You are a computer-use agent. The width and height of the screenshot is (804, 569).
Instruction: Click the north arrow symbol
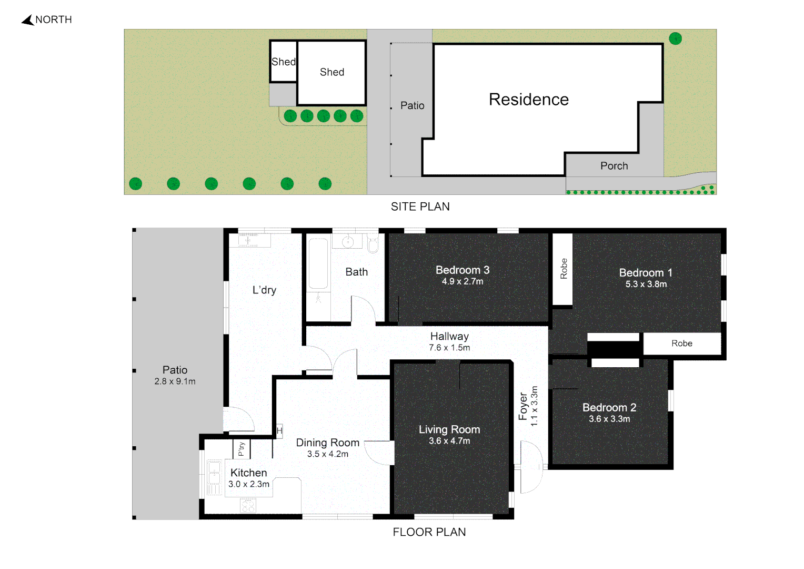pyautogui.click(x=28, y=20)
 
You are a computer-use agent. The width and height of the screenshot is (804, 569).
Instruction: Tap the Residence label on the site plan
pyautogui.click(x=529, y=100)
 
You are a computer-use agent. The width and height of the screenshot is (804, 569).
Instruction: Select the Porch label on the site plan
pyautogui.click(x=614, y=166)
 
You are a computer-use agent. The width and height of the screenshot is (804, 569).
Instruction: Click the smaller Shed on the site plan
pyautogui.click(x=283, y=62)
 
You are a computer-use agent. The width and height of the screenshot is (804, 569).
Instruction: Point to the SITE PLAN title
pyautogui.click(x=420, y=207)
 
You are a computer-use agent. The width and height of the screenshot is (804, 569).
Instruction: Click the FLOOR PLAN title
pyautogui.click(x=429, y=532)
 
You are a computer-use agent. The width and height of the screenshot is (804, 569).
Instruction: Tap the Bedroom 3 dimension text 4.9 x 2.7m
pyautogui.click(x=463, y=281)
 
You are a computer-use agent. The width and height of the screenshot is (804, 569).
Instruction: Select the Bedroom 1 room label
pyautogui.click(x=645, y=273)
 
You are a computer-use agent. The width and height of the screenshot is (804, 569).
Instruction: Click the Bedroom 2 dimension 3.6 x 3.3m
pyautogui.click(x=609, y=419)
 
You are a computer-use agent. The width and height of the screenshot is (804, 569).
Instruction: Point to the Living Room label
pyautogui.click(x=449, y=429)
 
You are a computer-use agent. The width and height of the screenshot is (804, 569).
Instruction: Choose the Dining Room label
pyautogui.click(x=327, y=443)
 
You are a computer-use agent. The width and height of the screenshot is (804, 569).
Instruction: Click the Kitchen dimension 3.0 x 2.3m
pyautogui.click(x=249, y=484)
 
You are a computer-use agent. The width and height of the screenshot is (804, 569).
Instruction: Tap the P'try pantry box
pyautogui.click(x=241, y=448)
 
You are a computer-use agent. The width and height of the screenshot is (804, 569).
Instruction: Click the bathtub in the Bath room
pyautogui.click(x=318, y=263)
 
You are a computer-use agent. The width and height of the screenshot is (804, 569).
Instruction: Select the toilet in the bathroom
pyautogui.click(x=373, y=243)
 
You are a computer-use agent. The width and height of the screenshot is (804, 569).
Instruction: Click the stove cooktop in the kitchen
pyautogui.click(x=248, y=505)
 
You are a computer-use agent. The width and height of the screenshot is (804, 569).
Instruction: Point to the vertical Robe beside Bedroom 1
pyautogui.click(x=562, y=269)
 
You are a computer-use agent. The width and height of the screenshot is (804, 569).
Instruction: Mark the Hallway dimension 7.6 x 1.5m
pyautogui.click(x=449, y=348)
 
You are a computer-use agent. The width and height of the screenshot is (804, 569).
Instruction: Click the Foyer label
pyautogui.click(x=522, y=407)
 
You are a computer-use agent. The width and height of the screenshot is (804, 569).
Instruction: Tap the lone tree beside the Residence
pyautogui.click(x=675, y=38)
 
